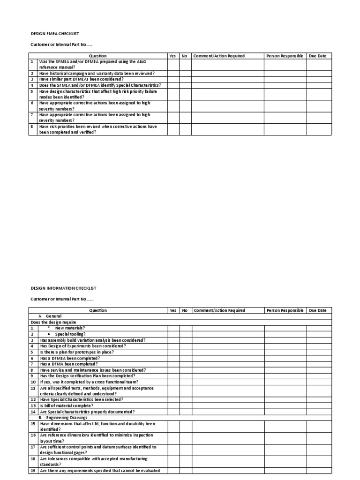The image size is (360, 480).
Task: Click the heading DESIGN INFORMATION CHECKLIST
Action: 63,288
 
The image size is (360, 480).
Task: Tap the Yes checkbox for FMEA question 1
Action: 172,65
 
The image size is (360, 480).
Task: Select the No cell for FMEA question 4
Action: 185,85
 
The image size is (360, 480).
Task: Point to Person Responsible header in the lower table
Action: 285,310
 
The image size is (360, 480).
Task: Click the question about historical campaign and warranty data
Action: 97,74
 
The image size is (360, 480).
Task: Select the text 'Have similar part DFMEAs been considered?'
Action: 81,79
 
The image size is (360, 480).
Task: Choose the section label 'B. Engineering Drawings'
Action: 63,417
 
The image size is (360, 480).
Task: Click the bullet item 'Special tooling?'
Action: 70,334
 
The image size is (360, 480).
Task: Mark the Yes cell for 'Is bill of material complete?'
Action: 172,405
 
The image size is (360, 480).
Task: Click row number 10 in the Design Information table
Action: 33,382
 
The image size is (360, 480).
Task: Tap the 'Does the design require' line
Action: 53,322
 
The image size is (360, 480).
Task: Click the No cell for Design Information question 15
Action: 185,426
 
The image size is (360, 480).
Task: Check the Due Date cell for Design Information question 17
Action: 319,450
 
